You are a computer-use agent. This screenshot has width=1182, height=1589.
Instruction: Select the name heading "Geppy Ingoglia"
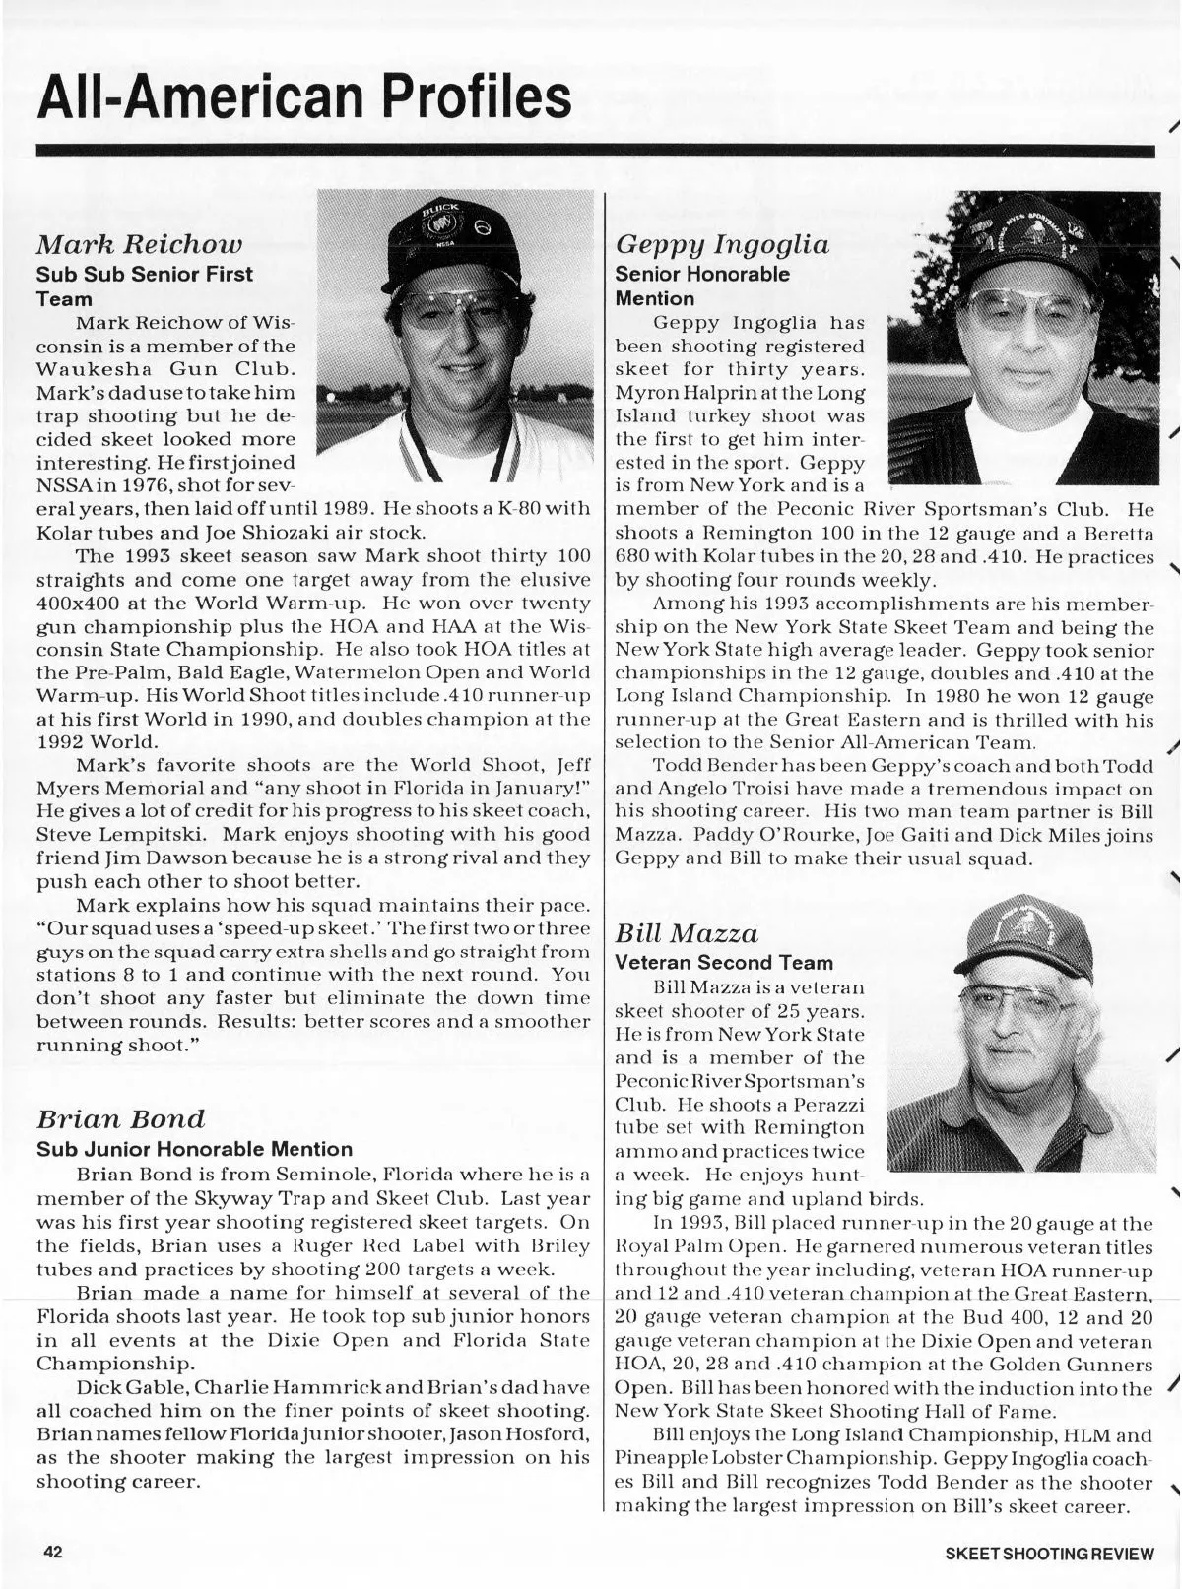coord(722,244)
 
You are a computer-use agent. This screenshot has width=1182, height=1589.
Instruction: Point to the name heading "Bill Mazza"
coord(687,932)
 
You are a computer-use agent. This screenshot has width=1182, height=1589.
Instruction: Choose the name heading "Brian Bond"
coord(121,1119)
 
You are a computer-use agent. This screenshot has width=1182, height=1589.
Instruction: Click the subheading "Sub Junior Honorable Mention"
coord(194,1149)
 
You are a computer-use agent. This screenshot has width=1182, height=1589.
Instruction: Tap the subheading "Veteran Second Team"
coord(724,962)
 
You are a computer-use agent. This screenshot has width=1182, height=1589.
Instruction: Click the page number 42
coord(52,1552)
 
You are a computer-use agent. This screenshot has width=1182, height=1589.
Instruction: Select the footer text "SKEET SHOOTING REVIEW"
coord(1048,1554)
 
